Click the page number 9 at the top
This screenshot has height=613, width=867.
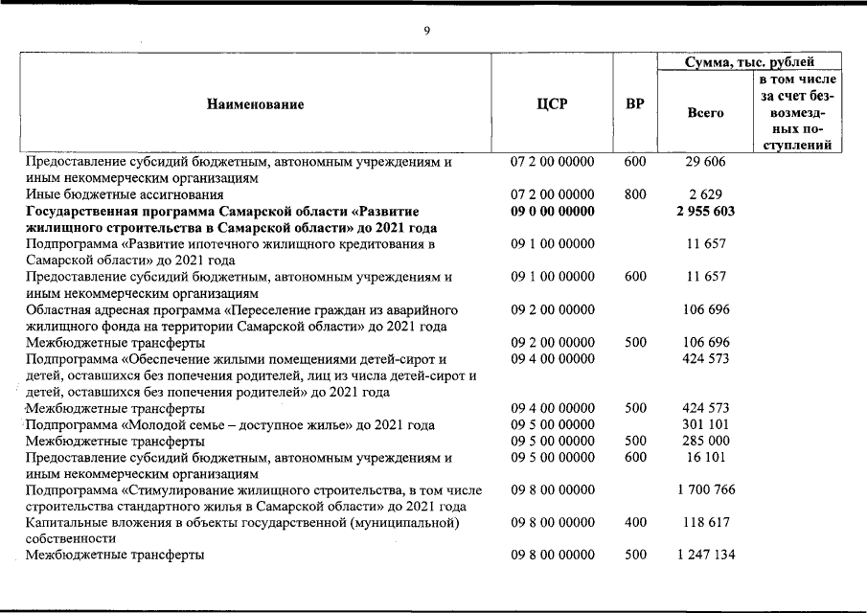pos(427,31)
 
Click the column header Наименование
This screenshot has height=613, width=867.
pos(255,104)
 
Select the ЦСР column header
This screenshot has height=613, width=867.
pos(552,104)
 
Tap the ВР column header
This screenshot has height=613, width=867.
pos(634,104)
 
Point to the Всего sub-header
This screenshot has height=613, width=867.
pos(705,112)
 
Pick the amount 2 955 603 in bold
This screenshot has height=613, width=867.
pos(705,212)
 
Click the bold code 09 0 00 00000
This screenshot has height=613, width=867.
pos(552,212)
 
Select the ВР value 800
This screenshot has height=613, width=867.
pos(634,194)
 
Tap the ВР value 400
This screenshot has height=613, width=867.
pos(634,523)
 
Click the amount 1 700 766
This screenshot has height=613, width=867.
pos(705,490)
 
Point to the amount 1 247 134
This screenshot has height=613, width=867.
pos(705,556)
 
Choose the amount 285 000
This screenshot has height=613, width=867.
pos(705,442)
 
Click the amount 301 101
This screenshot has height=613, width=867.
pos(705,425)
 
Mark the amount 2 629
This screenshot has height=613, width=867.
pos(705,194)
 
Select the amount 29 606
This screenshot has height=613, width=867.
pos(705,162)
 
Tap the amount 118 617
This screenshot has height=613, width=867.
pos(705,523)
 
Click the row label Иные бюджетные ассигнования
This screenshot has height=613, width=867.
pos(118,194)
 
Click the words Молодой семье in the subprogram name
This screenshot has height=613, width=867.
pos(171,425)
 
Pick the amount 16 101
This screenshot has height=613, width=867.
pos(705,458)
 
